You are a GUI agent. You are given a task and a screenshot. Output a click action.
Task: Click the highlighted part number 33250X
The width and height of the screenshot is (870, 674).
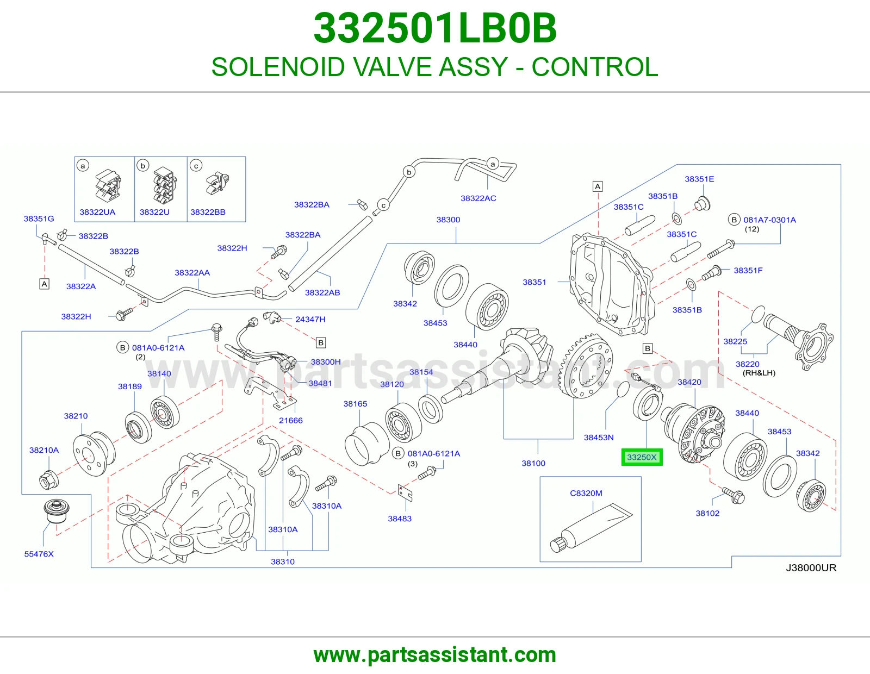tap(642, 457)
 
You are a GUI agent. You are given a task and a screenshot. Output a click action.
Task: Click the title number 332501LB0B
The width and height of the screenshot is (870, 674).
tap(435, 28)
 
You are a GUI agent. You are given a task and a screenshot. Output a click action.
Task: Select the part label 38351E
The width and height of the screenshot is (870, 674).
tap(699, 179)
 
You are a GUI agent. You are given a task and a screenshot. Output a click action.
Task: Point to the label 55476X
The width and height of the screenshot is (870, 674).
tap(39, 554)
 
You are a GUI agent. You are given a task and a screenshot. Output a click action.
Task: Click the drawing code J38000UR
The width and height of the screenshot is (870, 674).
tap(811, 567)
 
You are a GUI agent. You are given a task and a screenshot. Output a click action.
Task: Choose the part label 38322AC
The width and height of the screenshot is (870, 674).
tap(478, 198)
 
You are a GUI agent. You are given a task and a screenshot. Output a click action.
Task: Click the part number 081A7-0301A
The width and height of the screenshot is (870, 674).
tap(769, 220)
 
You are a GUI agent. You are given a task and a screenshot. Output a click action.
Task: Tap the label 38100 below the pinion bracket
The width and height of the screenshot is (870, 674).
tap(533, 463)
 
